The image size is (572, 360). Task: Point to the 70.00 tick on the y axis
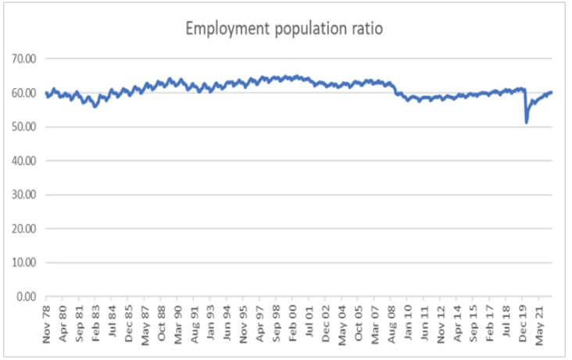25,59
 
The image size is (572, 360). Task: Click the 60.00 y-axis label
25,93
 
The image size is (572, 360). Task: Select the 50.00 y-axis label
25,127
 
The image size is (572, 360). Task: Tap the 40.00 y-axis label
25,161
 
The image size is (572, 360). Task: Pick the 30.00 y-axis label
25,194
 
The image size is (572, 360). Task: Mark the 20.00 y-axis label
25,229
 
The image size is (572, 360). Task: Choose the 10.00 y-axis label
25,262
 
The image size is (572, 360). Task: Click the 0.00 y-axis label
27,297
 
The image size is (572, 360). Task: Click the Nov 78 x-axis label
47,324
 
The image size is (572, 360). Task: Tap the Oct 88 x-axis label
162,324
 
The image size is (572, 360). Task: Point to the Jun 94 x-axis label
227,324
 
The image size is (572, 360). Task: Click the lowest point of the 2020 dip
527,122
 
